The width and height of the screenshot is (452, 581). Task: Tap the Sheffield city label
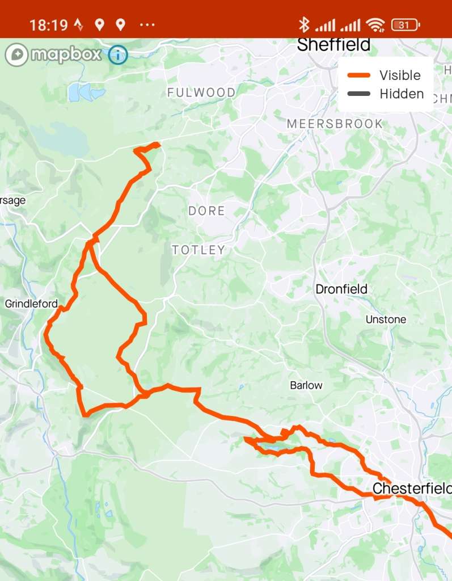click(x=333, y=45)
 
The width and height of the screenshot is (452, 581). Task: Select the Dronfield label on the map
click(x=341, y=289)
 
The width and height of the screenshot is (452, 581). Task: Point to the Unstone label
click(x=386, y=319)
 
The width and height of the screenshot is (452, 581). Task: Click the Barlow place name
click(x=306, y=385)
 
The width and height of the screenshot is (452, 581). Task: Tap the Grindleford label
click(x=31, y=304)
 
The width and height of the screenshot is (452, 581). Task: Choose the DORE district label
click(x=206, y=210)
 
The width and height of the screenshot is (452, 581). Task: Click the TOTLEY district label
click(x=198, y=250)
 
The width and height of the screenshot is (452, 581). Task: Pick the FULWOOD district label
click(x=201, y=92)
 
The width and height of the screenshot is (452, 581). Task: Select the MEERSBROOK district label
click(x=335, y=124)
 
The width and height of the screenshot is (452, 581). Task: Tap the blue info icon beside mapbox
click(x=119, y=55)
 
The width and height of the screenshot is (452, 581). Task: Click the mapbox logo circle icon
click(x=16, y=55)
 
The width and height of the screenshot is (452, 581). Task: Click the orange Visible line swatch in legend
click(x=358, y=75)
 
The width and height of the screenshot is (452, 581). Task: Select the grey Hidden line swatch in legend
click(x=358, y=94)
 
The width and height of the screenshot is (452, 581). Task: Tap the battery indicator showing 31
click(x=405, y=25)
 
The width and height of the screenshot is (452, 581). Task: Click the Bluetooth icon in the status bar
click(x=304, y=25)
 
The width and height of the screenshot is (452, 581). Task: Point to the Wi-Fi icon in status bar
click(x=375, y=25)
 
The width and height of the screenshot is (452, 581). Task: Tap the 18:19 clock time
click(x=48, y=25)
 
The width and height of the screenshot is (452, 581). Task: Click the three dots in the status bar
click(x=146, y=25)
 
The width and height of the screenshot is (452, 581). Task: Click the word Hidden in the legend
click(x=402, y=94)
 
